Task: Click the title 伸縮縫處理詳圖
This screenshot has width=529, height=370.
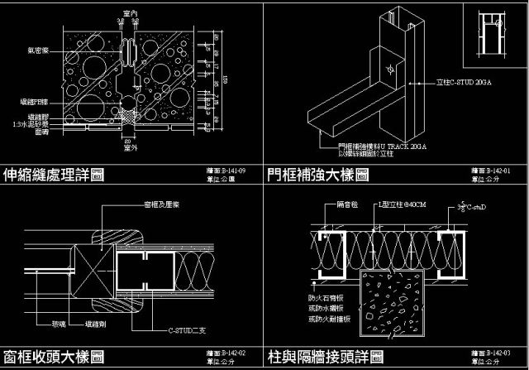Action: click(55, 175)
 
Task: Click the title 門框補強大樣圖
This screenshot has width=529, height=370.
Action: click(318, 175)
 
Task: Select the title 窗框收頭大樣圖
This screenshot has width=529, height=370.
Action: click(55, 357)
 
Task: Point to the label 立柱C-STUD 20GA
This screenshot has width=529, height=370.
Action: click(466, 82)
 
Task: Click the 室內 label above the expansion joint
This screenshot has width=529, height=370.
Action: click(128, 15)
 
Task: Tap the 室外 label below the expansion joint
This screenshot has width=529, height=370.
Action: click(128, 149)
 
